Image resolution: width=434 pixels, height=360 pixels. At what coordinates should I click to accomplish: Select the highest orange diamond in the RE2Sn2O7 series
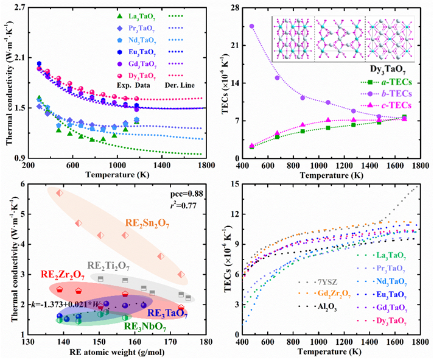[60, 193]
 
